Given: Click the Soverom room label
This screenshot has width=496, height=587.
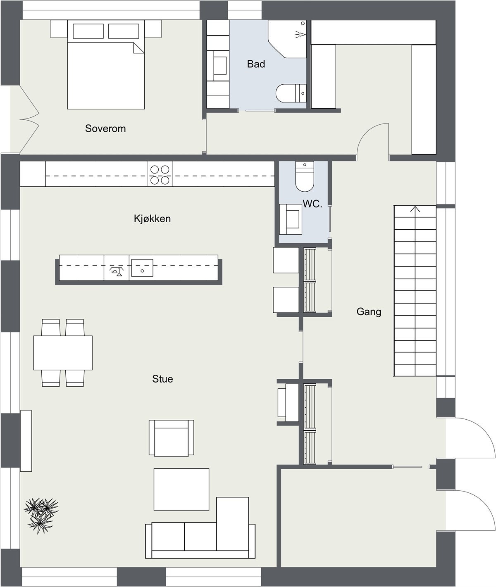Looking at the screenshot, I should tap(105, 128).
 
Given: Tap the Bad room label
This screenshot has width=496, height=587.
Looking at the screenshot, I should tap(256, 64).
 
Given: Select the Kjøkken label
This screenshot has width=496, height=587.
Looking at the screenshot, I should tap(152, 219).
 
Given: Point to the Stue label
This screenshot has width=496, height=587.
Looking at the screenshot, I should tap(162, 379).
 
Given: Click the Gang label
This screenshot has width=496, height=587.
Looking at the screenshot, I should tap(369, 312).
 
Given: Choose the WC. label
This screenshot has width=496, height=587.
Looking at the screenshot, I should tap(312, 204).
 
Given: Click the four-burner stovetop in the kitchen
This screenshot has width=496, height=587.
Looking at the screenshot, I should tap(160, 174).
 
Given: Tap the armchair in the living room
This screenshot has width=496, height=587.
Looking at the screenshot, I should tap(171, 438).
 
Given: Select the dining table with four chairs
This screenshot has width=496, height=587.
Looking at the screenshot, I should tap(63, 353).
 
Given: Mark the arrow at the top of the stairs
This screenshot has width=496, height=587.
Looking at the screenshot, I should tap(415, 209).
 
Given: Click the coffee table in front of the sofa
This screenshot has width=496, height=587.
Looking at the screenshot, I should tap(181, 489).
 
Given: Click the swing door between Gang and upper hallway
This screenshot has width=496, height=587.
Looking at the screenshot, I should tap(372, 143).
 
